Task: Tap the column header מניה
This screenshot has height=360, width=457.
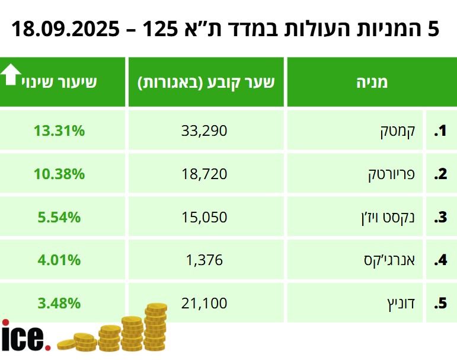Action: [372, 82]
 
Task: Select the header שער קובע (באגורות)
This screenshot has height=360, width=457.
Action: [206, 82]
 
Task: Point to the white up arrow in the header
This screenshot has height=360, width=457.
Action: [10, 75]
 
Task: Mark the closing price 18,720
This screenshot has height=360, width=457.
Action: [204, 174]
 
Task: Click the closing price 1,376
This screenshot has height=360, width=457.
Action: [204, 260]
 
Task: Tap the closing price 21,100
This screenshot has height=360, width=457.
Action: [204, 304]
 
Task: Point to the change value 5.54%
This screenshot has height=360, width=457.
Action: [59, 218]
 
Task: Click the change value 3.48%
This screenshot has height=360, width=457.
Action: [59, 304]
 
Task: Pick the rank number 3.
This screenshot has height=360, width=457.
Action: [440, 218]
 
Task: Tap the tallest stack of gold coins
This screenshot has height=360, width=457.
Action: [156, 326]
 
